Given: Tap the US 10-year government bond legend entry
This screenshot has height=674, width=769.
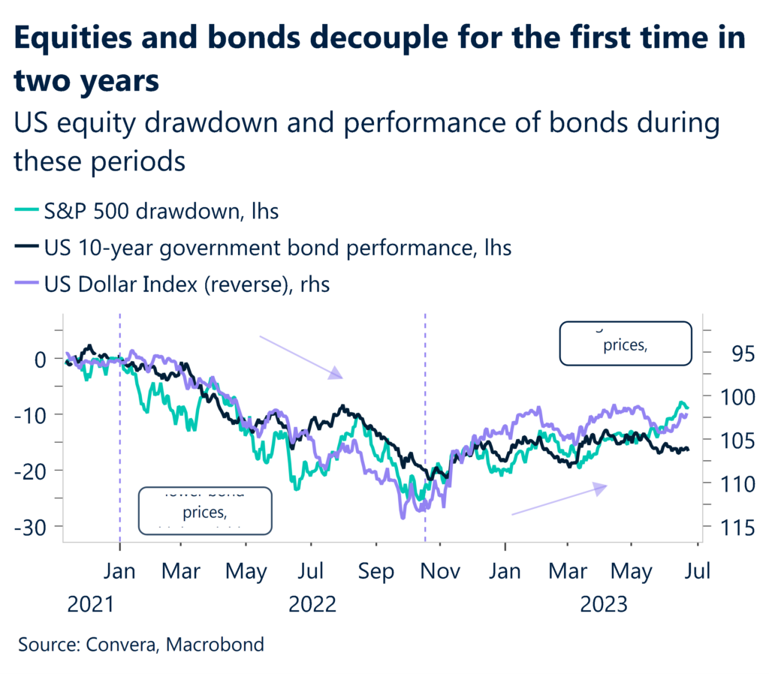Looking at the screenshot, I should (x=264, y=248).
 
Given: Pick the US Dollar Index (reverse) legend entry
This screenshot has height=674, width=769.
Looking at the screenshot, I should (x=173, y=284).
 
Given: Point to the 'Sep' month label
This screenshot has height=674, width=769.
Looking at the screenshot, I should (x=376, y=572).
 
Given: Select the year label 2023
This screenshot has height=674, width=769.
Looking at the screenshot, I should (x=603, y=604).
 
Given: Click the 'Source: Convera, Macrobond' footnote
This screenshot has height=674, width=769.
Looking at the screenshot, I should (x=140, y=644).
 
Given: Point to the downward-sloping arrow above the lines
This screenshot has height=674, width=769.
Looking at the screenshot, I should (x=300, y=357).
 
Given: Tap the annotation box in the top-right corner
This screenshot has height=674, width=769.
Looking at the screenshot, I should (x=625, y=343).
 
